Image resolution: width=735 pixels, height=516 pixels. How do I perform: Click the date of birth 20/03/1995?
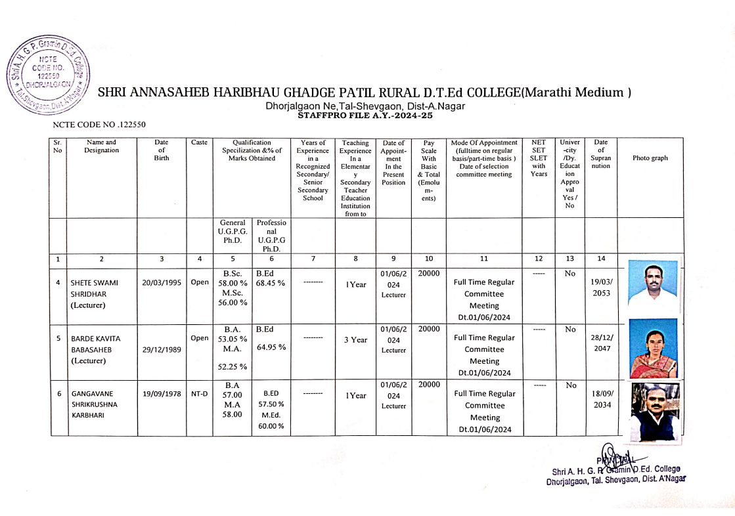(x=162, y=282)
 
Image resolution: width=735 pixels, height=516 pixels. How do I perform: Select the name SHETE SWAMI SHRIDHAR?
(x=95, y=294)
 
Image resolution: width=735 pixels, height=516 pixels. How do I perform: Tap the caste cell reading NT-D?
(x=200, y=395)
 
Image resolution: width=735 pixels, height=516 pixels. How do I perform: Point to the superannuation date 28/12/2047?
(x=601, y=343)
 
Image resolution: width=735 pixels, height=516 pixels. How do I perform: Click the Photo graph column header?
(x=650, y=158)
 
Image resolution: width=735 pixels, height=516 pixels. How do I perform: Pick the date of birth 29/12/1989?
(x=162, y=349)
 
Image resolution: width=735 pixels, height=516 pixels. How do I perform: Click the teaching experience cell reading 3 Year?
(x=355, y=340)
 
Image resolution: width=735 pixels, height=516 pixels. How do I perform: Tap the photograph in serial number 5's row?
(x=653, y=349)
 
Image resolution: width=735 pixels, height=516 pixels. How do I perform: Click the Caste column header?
(x=200, y=142)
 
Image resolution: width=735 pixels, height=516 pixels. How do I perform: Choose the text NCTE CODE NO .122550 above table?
(x=99, y=123)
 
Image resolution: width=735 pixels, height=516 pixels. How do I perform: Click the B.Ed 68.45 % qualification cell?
(x=270, y=279)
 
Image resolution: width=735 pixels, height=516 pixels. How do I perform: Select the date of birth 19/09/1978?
(x=162, y=395)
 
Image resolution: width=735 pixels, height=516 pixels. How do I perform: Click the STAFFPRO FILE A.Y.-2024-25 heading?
(x=365, y=115)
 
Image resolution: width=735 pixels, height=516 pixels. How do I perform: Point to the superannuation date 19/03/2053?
(x=601, y=288)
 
